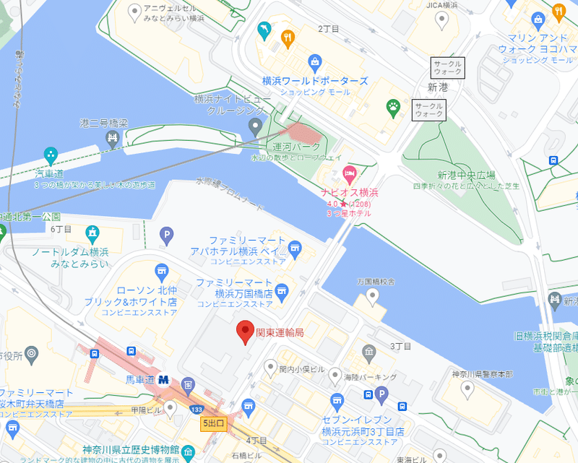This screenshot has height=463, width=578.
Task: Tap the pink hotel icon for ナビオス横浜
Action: [x=350, y=173]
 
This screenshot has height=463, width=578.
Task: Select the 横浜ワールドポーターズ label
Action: [x=315, y=82]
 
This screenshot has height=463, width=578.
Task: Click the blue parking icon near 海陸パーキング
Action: [x=382, y=394]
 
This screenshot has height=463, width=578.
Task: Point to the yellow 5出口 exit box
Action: [x=214, y=423]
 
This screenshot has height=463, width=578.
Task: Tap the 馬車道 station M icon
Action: [x=165, y=378]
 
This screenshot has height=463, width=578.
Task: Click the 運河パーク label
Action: [x=296, y=147]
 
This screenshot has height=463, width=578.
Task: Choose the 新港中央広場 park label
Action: [x=466, y=175]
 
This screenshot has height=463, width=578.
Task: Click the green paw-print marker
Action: [x=394, y=108]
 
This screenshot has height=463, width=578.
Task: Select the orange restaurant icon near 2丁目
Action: [x=288, y=38]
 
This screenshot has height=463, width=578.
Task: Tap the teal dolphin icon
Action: [x=264, y=30]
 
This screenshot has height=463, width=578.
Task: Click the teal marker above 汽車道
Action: [x=51, y=155]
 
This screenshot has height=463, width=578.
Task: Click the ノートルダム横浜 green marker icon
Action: [x=92, y=233]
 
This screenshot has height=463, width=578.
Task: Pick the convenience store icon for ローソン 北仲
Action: [x=160, y=272]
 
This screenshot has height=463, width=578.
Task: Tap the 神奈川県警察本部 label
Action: [x=481, y=374]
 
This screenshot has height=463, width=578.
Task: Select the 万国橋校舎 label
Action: [x=376, y=282]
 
